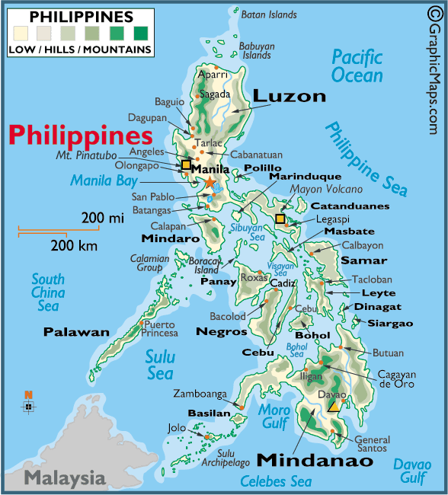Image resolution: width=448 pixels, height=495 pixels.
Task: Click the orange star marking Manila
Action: [x=210, y=182]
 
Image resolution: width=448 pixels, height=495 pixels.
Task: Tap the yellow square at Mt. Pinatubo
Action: [x=185, y=164]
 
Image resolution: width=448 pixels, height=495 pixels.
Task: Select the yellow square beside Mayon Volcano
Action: [x=280, y=219]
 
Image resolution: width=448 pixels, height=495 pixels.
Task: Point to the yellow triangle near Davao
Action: [x=334, y=406]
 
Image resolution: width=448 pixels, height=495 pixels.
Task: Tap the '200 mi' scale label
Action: [x=102, y=219]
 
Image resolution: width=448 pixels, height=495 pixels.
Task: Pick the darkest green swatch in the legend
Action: [x=141, y=34]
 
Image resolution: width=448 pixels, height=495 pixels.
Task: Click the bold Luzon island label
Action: [x=289, y=96]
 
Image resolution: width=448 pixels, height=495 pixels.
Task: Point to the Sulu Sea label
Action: [x=160, y=365]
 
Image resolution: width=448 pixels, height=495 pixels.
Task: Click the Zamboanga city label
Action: [x=200, y=394]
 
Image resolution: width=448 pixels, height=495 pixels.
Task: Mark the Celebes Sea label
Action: [x=276, y=481]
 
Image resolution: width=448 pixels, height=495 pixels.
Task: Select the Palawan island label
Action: [x=76, y=332]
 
